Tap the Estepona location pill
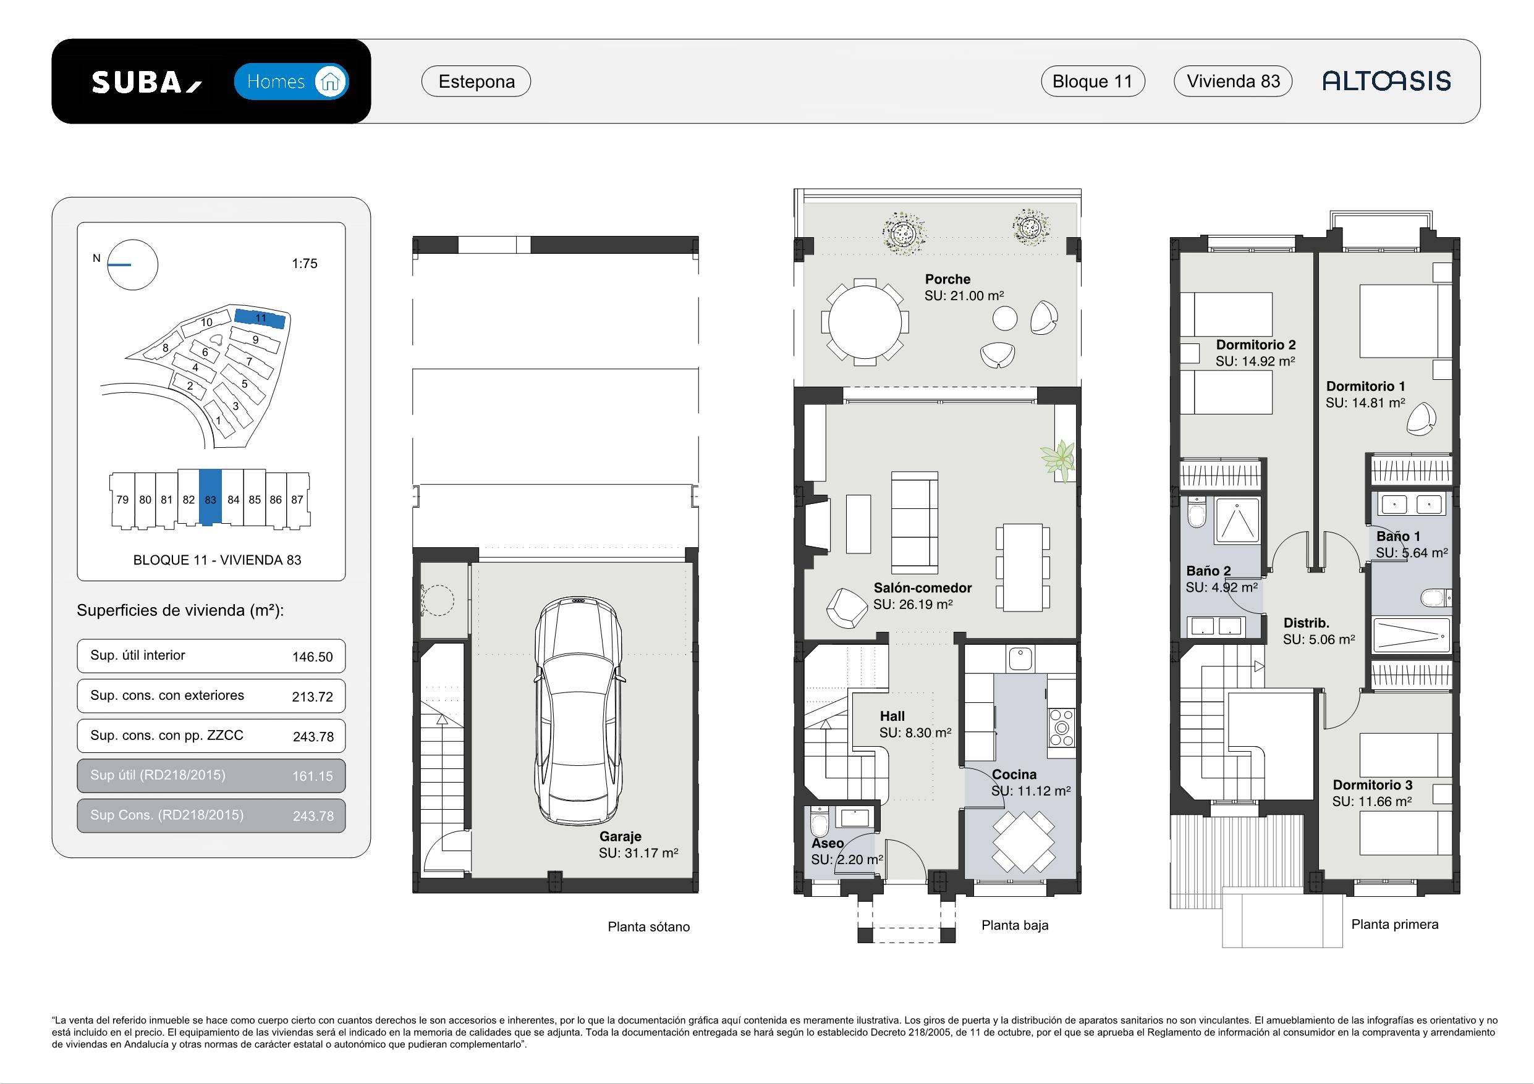[476, 82]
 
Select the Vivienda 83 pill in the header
[1232, 82]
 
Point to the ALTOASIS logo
[1386, 81]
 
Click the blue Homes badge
[291, 82]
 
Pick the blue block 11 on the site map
[260, 319]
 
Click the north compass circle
[133, 265]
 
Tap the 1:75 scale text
[305, 264]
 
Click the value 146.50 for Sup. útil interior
[312, 657]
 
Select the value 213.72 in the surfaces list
[312, 697]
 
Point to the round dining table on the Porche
[865, 322]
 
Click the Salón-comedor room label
[922, 589]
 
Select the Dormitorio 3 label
[1372, 786]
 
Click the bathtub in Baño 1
[1411, 635]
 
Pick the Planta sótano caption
[648, 927]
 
